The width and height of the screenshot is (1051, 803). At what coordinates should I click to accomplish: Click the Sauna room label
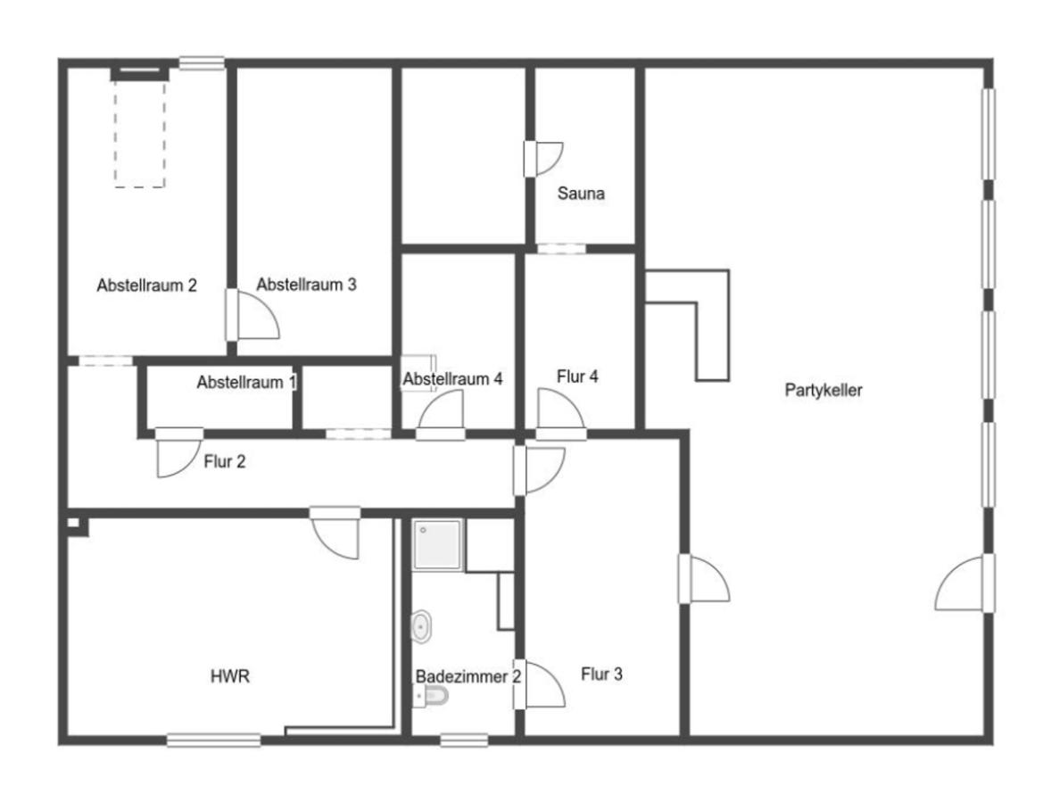[581, 194]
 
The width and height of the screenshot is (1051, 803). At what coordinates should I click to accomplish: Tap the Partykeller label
[823, 390]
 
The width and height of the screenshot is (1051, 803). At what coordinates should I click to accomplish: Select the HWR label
[230, 676]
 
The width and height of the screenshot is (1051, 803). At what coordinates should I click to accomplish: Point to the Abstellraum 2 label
[147, 286]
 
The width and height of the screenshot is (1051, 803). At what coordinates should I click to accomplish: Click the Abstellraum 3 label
[306, 285]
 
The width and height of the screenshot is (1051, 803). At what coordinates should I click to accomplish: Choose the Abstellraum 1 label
[246, 383]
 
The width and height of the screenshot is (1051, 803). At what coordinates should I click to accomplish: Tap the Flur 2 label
[225, 462]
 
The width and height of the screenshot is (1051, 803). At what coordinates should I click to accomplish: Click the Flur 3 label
[601, 675]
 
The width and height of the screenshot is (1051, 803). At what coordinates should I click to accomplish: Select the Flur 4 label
[577, 377]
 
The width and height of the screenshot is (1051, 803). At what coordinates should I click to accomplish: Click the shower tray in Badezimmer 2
[438, 544]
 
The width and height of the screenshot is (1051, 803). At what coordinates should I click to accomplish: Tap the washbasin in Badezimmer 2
[420, 627]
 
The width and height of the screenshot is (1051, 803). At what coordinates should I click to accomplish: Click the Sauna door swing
[543, 159]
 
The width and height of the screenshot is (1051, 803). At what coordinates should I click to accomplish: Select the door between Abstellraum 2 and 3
[252, 314]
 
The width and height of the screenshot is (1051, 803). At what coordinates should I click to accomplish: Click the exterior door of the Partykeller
[965, 584]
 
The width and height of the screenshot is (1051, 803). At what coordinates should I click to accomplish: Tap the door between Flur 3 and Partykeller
[704, 578]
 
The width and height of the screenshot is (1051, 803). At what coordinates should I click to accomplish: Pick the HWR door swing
[335, 532]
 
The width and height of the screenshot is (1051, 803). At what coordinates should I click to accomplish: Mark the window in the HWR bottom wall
[214, 740]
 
